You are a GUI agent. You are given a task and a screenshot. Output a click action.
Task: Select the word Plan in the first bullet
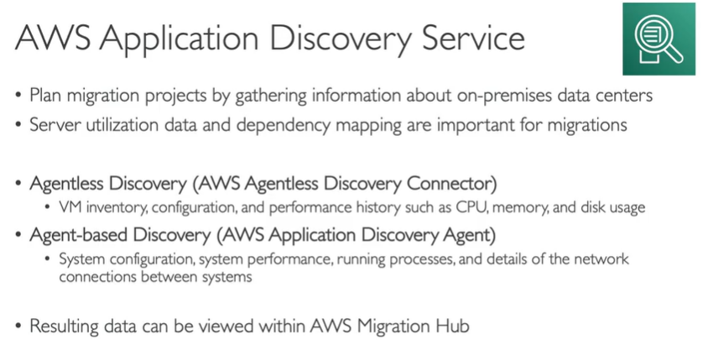pyautogui.click(x=46, y=95)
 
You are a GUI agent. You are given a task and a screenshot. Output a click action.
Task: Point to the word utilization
pyautogui.click(x=123, y=125)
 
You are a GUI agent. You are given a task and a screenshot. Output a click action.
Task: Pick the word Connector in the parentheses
pyautogui.click(x=452, y=182)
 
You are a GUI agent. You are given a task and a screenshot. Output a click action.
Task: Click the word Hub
pyautogui.click(x=451, y=326)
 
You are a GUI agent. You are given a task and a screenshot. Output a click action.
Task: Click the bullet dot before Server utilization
pyautogui.click(x=18, y=125)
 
